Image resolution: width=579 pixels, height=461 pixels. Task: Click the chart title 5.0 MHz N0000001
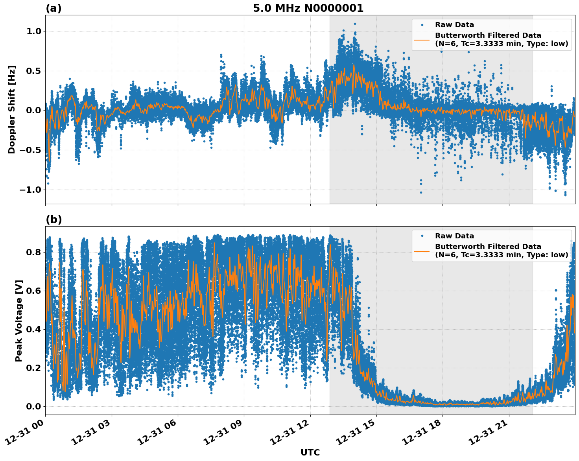308,8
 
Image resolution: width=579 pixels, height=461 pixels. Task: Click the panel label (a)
53,8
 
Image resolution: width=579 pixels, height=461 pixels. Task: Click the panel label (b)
53,219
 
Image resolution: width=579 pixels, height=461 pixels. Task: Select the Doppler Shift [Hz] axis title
12,109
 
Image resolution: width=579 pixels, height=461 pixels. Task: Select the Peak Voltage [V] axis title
19,321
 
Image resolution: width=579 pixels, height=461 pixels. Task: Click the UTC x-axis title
310,453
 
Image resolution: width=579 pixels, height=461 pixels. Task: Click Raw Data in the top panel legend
454,25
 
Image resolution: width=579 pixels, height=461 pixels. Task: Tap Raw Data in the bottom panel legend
454,236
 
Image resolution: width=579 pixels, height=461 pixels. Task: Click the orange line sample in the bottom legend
422,251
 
